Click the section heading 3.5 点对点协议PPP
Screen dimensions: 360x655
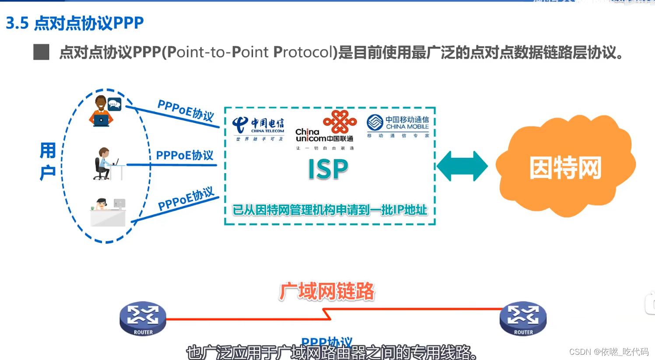(75, 23)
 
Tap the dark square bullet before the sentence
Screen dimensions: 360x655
(41, 52)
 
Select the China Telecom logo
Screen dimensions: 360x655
(259, 128)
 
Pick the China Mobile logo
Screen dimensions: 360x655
(398, 126)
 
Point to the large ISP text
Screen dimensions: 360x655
(328, 169)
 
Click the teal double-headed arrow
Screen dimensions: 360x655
(462, 166)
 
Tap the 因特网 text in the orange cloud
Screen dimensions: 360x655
(565, 168)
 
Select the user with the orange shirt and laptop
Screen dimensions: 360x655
(104, 112)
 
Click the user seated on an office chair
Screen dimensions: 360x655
(105, 164)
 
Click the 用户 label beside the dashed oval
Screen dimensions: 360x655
(48, 161)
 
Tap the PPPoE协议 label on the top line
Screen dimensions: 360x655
(186, 110)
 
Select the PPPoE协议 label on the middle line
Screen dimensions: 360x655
(185, 155)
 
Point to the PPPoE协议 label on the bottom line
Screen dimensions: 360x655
(186, 199)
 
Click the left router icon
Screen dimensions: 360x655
(143, 318)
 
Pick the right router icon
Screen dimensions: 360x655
(523, 318)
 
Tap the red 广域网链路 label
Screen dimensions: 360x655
(327, 291)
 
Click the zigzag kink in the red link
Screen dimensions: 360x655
(327, 314)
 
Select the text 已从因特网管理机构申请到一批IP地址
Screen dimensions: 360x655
(329, 210)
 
